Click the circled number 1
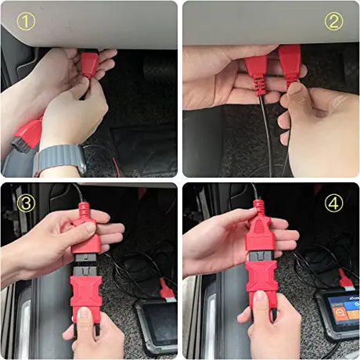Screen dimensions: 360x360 coord(25,21)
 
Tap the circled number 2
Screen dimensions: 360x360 coord(334,21)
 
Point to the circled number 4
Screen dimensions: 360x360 coord(334,204)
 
